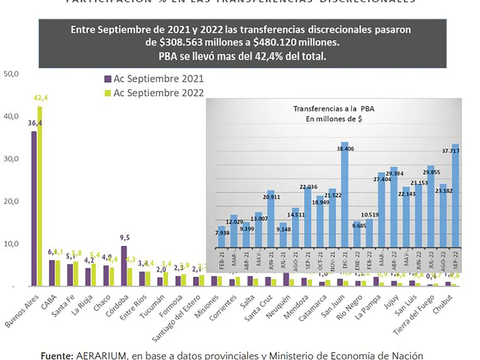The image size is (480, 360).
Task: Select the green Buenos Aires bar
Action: (40, 196)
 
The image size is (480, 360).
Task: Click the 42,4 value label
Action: (41, 98)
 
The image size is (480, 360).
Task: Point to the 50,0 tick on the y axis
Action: (11, 74)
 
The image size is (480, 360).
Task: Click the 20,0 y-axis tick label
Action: (11, 201)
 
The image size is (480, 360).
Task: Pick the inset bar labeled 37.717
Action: (455, 203)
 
